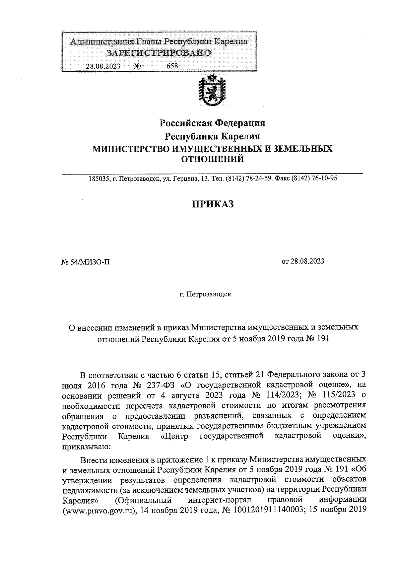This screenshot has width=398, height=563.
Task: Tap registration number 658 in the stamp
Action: pyautogui.click(x=172, y=66)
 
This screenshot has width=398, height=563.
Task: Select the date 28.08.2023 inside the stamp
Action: pyautogui.click(x=103, y=66)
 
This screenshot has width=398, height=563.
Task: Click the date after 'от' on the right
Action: pyautogui.click(x=307, y=261)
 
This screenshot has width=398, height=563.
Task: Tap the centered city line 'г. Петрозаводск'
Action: pyautogui.click(x=205, y=295)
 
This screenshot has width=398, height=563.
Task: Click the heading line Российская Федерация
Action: pyautogui.click(x=213, y=123)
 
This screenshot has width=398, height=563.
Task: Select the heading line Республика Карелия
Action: pyautogui.click(x=213, y=136)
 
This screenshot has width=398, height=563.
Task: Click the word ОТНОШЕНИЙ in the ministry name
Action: pyautogui.click(x=212, y=159)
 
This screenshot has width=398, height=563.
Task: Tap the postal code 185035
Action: pyautogui.click(x=98, y=179)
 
